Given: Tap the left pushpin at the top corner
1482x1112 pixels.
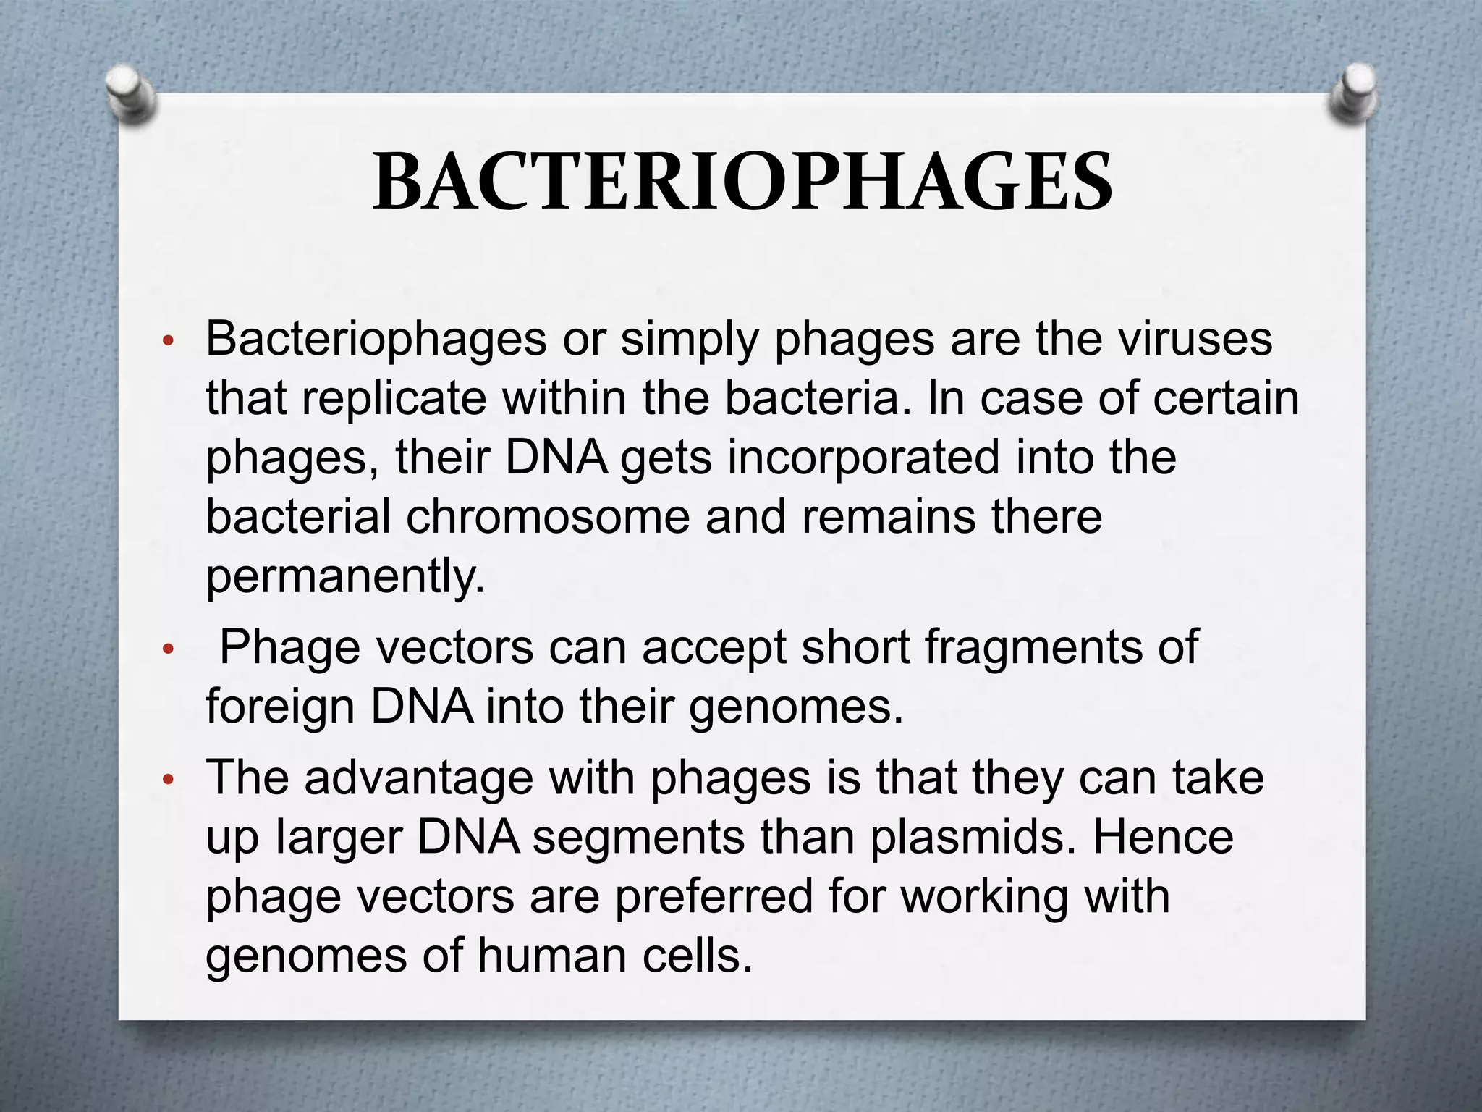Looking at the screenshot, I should (x=130, y=94).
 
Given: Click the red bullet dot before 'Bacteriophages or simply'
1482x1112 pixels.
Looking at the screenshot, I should (x=168, y=341).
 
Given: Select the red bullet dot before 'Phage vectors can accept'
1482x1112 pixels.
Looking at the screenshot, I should (x=168, y=649).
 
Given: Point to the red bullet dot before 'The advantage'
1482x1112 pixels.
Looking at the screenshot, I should (x=168, y=780).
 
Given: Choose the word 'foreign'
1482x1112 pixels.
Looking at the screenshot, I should (x=280, y=706).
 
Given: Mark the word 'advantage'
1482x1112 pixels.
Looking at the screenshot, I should (x=418, y=778).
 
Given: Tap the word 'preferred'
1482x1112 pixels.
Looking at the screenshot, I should (x=714, y=897).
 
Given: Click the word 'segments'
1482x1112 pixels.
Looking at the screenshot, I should (x=638, y=838).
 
